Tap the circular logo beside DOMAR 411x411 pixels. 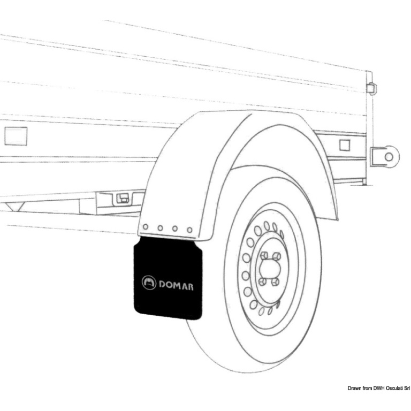pos(148,283)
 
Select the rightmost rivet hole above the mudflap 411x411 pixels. pos(189,230)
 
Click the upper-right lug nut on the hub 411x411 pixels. pos(277,256)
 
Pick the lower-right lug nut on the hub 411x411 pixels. pos(276,280)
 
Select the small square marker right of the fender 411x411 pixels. pos(345,144)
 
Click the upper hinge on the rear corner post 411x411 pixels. pos(371,88)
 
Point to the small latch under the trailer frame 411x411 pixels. pos(123,199)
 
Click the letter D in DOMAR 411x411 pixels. pos(162,284)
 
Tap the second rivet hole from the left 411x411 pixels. pos(159,228)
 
